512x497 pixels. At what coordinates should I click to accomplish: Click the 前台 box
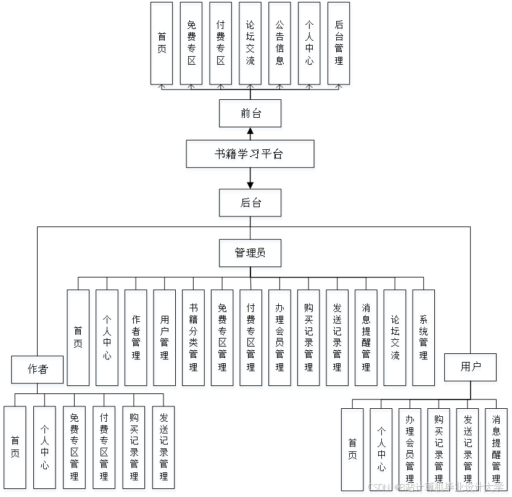point(250,115)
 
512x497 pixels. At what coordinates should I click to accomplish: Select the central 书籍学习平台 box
point(250,155)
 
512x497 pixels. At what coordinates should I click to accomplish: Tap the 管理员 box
point(250,255)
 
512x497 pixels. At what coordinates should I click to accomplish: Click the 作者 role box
point(38,371)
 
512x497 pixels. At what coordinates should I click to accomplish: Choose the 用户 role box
point(471,369)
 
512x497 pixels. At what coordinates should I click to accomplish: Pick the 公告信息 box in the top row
point(280,45)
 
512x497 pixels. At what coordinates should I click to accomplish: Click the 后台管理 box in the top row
point(339,45)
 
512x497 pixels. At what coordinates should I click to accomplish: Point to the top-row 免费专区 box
point(191,45)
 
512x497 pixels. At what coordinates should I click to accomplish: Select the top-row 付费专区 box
point(221,45)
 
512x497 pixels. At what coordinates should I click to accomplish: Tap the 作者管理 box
point(136,339)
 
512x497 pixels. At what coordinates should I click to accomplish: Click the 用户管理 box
point(165,339)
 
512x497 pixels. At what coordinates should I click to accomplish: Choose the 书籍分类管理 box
point(194,339)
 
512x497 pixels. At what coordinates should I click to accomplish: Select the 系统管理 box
point(424,339)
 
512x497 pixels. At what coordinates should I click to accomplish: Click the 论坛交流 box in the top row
point(250,45)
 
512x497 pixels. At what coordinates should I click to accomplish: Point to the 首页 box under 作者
point(15,449)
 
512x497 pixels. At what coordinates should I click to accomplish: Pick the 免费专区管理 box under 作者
point(75,449)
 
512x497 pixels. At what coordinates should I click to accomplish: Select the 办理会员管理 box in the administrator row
point(281,339)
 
